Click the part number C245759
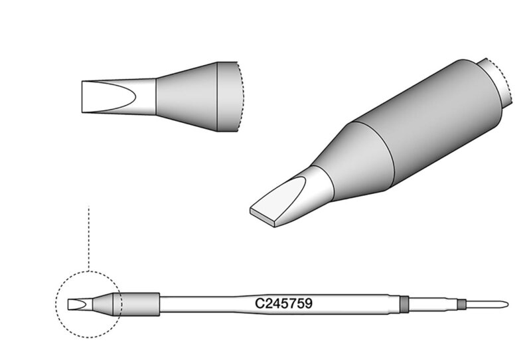283,304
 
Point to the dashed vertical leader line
88,238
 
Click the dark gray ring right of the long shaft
404,304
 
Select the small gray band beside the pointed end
460,304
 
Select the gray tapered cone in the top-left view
187,96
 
